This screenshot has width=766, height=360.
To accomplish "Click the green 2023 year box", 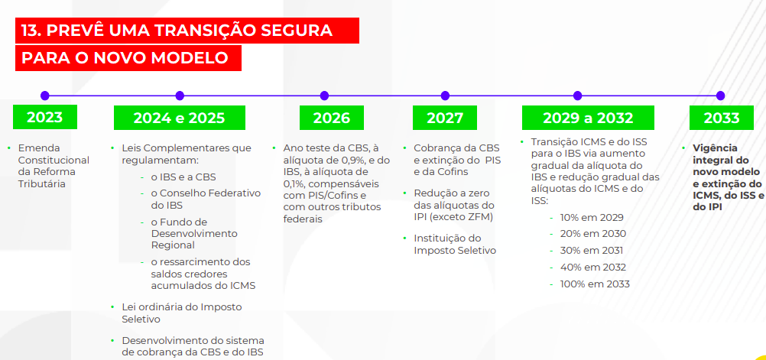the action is (x=45, y=117).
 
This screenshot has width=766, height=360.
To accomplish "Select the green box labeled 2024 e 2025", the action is (x=180, y=118).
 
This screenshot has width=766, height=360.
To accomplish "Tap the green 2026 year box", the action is (x=332, y=118).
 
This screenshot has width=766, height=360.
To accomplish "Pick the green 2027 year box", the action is (x=445, y=118).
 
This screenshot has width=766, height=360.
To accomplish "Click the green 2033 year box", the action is (x=722, y=118).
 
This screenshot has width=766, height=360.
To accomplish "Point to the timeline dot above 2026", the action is (x=324, y=96).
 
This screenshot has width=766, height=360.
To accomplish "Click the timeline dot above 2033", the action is (x=720, y=96).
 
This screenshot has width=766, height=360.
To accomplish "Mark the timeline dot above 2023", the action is (x=45, y=96).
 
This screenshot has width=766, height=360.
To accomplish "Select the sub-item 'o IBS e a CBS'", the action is (x=183, y=177).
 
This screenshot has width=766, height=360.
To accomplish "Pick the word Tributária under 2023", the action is (x=42, y=184).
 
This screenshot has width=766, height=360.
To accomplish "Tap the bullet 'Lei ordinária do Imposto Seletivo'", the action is (x=182, y=313).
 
